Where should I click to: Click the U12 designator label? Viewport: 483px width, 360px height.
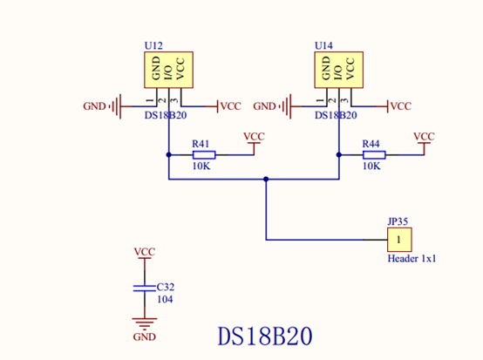153,46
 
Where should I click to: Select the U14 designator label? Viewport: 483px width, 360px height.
323,46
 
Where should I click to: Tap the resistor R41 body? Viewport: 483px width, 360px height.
204,155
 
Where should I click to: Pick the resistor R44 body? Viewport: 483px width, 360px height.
374,155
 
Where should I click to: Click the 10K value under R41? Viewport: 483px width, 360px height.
201,166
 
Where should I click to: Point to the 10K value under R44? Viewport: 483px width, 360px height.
371,166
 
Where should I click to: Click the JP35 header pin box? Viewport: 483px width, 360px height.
399,240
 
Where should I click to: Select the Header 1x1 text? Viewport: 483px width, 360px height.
412,258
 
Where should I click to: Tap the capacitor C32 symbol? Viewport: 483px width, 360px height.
145,289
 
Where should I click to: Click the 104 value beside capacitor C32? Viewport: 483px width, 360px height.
165,299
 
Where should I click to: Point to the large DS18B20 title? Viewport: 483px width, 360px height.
265,336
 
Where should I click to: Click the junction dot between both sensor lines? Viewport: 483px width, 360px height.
266,179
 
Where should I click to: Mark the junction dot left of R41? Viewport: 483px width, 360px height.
168,155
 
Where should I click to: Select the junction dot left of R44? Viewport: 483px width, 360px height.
339,155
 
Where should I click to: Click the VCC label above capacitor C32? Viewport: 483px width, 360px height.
145,252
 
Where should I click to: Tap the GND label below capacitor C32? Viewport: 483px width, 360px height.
144,337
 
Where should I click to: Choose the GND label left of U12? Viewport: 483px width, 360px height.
94,106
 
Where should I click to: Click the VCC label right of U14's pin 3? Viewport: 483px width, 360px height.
401,106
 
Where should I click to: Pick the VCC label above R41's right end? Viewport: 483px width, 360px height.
254,137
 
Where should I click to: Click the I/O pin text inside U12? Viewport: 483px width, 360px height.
168,72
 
